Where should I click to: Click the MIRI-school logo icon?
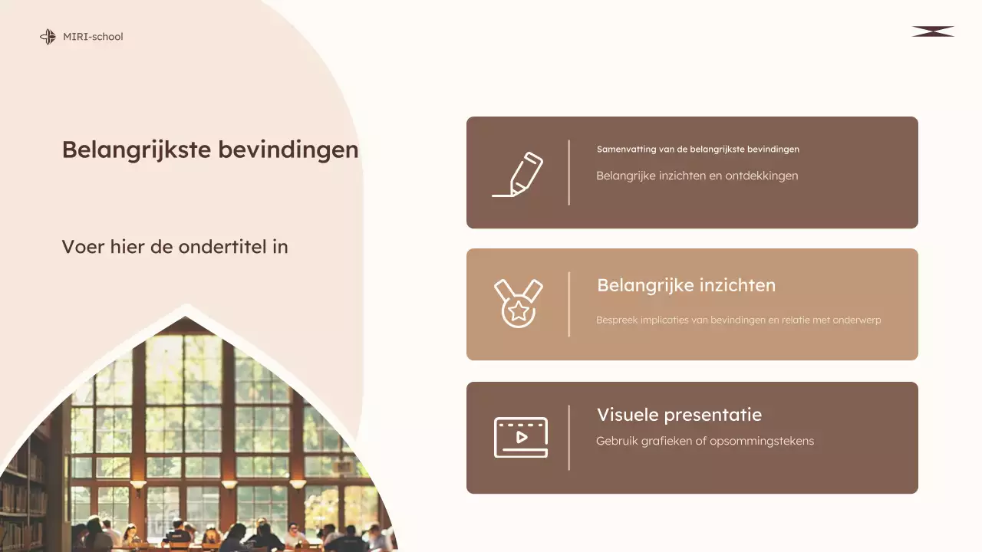pos(48,37)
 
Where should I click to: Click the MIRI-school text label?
pos(93,37)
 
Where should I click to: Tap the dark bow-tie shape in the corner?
pos(933,31)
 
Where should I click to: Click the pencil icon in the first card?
pos(519,174)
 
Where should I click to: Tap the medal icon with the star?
pos(519,304)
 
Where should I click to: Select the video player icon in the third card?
pos(520,437)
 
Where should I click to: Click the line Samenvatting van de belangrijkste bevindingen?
pos(698,149)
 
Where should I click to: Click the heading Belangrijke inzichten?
pos(686,285)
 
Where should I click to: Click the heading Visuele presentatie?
pos(679,415)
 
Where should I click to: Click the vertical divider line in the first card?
pos(568,172)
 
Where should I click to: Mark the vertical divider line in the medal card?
pos(568,304)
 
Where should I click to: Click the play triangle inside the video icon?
pos(522,437)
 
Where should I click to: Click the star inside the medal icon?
pos(519,311)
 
